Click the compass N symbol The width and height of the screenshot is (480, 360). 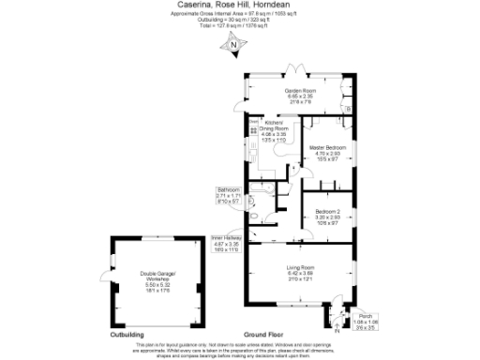233,45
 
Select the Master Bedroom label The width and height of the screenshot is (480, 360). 329,148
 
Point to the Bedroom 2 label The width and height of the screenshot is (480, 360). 327,211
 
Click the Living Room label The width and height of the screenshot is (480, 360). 300,269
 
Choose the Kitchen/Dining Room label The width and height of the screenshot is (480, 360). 274,127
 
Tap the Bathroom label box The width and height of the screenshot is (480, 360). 229,193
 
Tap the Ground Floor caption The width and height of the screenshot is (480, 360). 263,334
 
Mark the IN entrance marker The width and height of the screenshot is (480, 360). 335,327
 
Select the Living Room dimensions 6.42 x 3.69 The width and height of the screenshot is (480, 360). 300,275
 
